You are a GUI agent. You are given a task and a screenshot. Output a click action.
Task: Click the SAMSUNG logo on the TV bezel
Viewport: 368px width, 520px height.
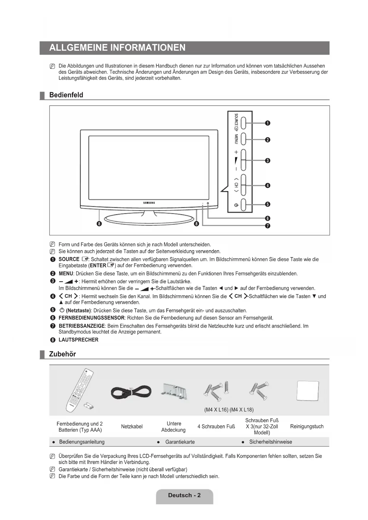[x=149, y=203]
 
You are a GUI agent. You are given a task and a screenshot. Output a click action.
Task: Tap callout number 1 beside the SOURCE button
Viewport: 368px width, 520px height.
[x=267, y=123]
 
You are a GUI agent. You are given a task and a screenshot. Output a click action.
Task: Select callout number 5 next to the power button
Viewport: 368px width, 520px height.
[x=267, y=204]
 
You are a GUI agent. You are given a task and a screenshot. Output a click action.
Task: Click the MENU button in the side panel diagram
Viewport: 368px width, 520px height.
[x=243, y=138]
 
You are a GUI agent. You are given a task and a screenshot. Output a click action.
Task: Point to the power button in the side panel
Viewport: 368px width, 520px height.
[x=243, y=205]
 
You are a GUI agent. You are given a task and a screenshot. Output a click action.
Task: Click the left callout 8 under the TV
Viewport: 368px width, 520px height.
[x=99, y=224]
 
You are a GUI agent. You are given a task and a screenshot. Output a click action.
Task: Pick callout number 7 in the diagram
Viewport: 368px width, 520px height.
[x=267, y=226]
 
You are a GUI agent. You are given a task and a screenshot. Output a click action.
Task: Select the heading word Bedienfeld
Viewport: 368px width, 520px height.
[x=66, y=95]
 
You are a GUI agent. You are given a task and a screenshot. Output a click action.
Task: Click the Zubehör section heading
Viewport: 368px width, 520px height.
[x=63, y=354]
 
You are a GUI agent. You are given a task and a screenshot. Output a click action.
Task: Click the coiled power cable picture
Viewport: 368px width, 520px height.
[x=131, y=392]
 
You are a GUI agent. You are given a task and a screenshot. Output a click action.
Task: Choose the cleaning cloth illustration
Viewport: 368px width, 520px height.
[x=308, y=390]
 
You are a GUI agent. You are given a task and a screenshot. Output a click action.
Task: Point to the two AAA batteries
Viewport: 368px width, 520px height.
[x=88, y=406]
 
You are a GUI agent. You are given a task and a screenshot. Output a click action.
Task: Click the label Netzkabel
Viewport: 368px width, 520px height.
[x=132, y=427]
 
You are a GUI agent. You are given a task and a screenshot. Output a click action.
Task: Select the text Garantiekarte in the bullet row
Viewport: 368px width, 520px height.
[x=180, y=442]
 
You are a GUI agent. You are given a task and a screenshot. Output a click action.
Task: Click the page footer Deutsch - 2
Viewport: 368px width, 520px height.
[x=184, y=495]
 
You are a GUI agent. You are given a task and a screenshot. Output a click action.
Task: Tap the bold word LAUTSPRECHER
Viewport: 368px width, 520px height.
[x=79, y=340]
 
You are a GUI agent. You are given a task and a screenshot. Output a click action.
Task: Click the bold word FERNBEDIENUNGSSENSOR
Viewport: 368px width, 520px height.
[x=92, y=318]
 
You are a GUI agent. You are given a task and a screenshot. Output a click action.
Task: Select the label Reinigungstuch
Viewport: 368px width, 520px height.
[x=307, y=427]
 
